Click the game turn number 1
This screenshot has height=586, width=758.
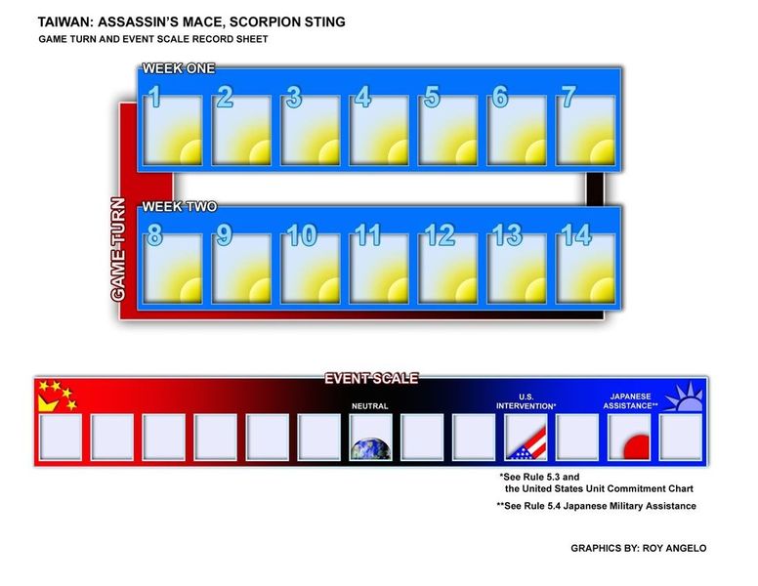154,97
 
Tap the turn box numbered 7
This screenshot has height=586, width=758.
585,130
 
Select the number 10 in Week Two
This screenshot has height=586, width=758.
302,235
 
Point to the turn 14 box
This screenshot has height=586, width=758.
585,269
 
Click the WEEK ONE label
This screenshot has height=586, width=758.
179,68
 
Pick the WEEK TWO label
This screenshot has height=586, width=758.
180,207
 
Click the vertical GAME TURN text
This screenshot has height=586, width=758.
118,249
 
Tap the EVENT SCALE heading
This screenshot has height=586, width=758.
371,379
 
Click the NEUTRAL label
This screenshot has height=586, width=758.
370,406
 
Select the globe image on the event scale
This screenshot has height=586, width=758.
371,448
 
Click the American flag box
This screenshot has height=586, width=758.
526,438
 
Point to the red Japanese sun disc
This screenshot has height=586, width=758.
636,447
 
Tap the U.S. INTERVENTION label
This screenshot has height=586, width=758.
526,401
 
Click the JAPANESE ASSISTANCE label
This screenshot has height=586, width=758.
630,401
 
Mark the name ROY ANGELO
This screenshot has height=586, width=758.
674,548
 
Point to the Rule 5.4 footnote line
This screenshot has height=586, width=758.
597,506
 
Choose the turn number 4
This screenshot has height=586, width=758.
362,97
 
